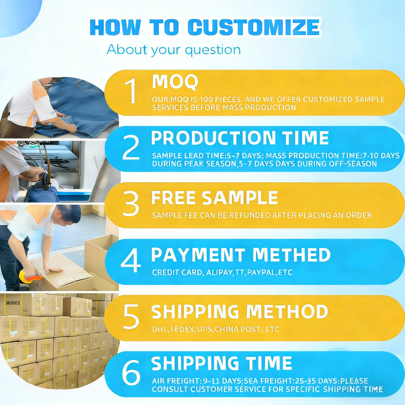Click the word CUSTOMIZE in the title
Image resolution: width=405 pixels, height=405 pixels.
254,27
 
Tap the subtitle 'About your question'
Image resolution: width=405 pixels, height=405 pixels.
173,50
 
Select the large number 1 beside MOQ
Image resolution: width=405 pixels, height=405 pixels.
131,91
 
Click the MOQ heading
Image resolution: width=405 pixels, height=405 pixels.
175,82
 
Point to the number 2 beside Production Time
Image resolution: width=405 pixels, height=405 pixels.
131,148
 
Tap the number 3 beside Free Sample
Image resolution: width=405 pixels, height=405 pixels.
131,203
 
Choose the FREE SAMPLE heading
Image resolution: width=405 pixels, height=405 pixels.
214,198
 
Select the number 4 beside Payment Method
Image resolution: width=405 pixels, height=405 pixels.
131,260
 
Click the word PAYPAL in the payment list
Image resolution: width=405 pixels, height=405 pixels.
262,272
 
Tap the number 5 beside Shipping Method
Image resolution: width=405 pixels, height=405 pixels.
131,316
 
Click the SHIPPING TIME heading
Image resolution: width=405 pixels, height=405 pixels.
221,363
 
